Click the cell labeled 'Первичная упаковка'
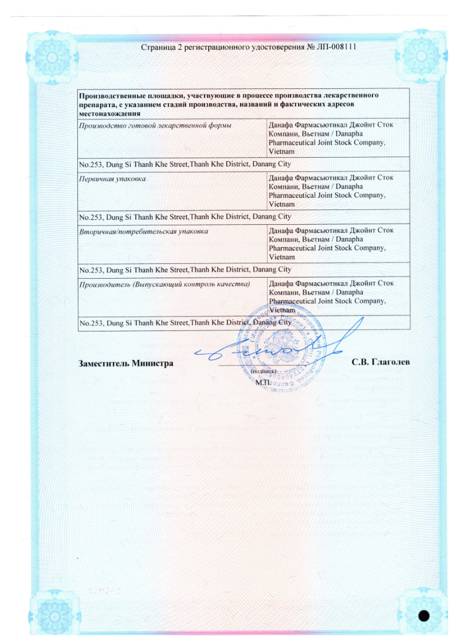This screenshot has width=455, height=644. [x=113, y=179]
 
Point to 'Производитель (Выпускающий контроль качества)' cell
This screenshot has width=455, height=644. [x=164, y=284]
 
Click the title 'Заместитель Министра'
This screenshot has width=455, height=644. [x=125, y=363]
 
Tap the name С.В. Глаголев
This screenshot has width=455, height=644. [x=381, y=363]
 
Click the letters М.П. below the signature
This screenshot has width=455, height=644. [x=262, y=381]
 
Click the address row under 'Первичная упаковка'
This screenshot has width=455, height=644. [x=185, y=217]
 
